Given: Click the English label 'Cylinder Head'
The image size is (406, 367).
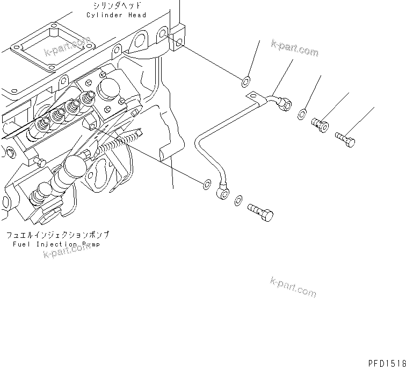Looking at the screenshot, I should [116, 15].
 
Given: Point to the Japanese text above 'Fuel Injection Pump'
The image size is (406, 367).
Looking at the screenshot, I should [58, 235].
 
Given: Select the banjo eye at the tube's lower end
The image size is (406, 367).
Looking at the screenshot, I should [223, 191].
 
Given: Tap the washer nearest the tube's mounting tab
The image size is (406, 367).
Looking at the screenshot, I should [244, 82].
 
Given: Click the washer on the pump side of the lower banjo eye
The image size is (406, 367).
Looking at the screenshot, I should [206, 185].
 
